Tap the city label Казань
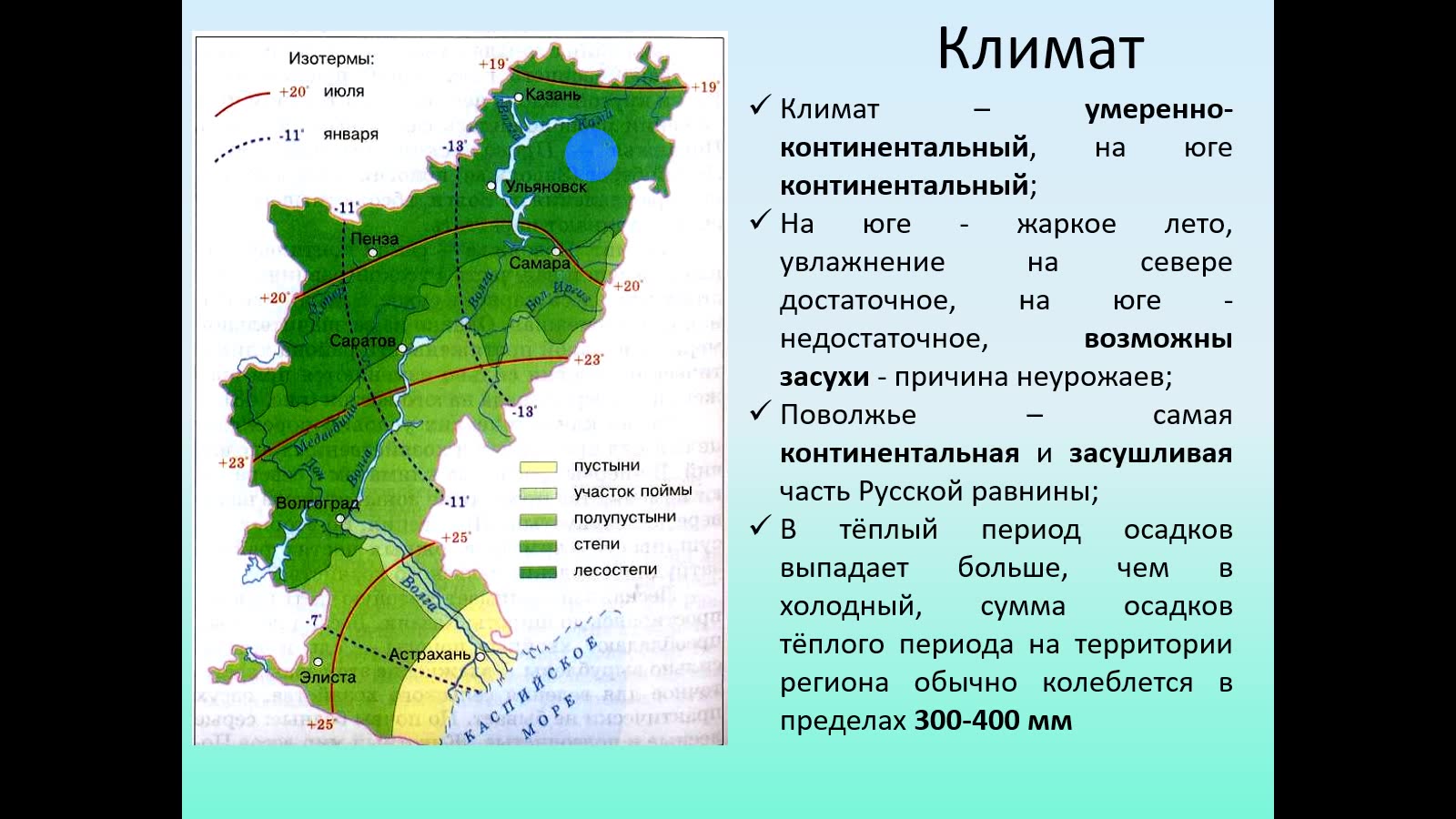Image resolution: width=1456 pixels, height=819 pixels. tap(552, 95)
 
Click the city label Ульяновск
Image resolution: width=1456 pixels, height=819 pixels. tap(546, 187)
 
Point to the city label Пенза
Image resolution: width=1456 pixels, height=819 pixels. tap(375, 238)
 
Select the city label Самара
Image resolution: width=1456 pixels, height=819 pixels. tap(540, 263)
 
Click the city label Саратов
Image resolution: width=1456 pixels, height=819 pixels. tap(362, 340)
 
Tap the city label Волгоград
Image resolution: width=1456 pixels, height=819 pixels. tap(318, 502)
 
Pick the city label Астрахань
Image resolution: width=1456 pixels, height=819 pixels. tap(430, 654)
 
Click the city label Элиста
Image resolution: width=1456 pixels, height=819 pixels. tap(328, 677)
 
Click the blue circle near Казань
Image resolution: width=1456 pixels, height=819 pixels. tap(591, 154)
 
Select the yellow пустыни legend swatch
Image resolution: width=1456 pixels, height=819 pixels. tap(538, 467)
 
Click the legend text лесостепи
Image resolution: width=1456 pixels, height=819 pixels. tap(615, 570)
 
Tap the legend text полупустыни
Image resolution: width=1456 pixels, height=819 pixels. tap(624, 517)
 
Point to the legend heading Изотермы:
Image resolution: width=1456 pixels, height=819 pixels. tap(331, 59)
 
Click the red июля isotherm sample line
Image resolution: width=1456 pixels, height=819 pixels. tap(242, 103)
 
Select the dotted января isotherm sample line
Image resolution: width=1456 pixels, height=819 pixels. tap(242, 147)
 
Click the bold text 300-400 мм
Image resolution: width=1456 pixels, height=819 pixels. tap(993, 721)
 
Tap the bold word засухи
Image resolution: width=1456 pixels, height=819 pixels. tap(824, 377)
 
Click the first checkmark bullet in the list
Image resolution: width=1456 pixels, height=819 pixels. tap(761, 106)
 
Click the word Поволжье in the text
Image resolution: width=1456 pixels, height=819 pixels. tap(847, 415)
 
